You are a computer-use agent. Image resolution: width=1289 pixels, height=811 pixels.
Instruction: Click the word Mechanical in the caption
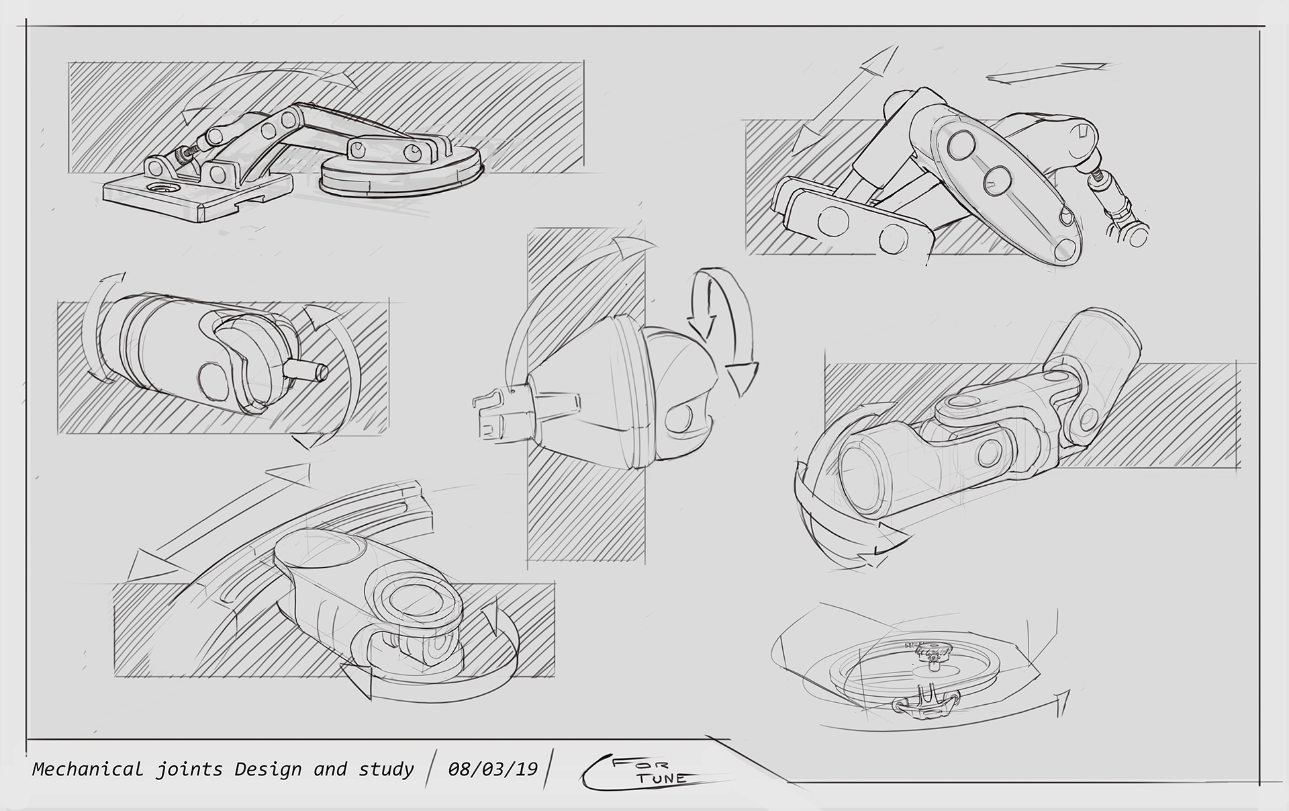pyautogui.click(x=87, y=769)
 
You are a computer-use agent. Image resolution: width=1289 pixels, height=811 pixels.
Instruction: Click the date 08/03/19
pyautogui.click(x=493, y=768)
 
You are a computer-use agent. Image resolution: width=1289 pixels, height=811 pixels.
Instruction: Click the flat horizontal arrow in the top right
pyautogui.click(x=1047, y=72)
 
